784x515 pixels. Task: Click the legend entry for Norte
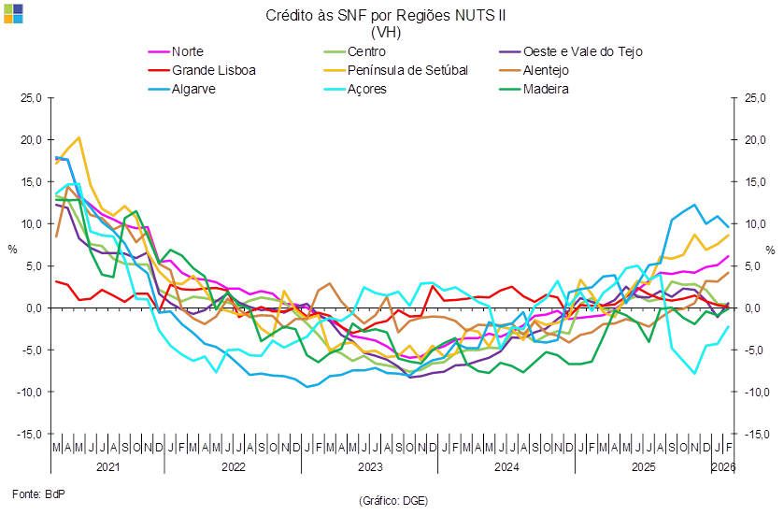click(x=188, y=51)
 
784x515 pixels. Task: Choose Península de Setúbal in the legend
click(x=406, y=70)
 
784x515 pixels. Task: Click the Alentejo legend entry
click(x=547, y=70)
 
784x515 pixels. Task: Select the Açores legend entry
click(x=366, y=89)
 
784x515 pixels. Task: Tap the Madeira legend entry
click(x=547, y=89)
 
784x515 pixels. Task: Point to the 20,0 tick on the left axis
click(x=33, y=140)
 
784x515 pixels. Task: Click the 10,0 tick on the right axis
click(x=751, y=224)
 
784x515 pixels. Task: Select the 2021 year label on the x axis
click(x=108, y=465)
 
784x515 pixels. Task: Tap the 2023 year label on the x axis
click(x=369, y=465)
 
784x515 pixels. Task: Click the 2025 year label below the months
click(x=643, y=465)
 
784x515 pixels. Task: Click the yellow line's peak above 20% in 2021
click(x=78, y=137)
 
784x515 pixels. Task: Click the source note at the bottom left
click(x=32, y=492)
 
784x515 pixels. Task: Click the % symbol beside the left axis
click(x=12, y=250)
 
